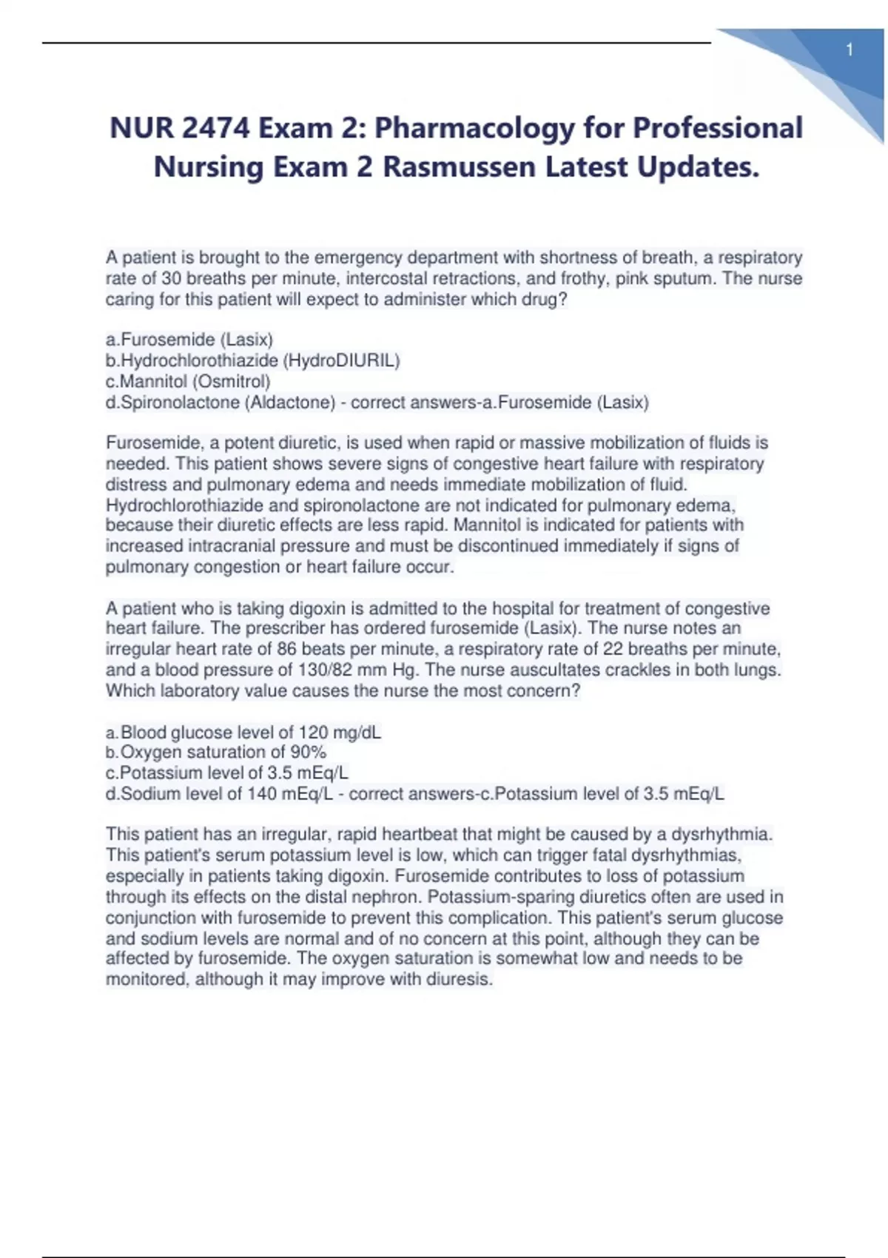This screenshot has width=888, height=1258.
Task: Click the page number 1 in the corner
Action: [x=850, y=50]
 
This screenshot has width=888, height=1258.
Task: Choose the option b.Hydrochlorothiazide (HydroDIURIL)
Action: [x=253, y=361]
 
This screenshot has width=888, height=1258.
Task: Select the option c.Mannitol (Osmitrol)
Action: [x=189, y=382]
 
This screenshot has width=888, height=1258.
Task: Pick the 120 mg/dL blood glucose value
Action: [x=340, y=733]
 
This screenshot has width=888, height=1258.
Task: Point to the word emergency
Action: [x=358, y=258]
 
